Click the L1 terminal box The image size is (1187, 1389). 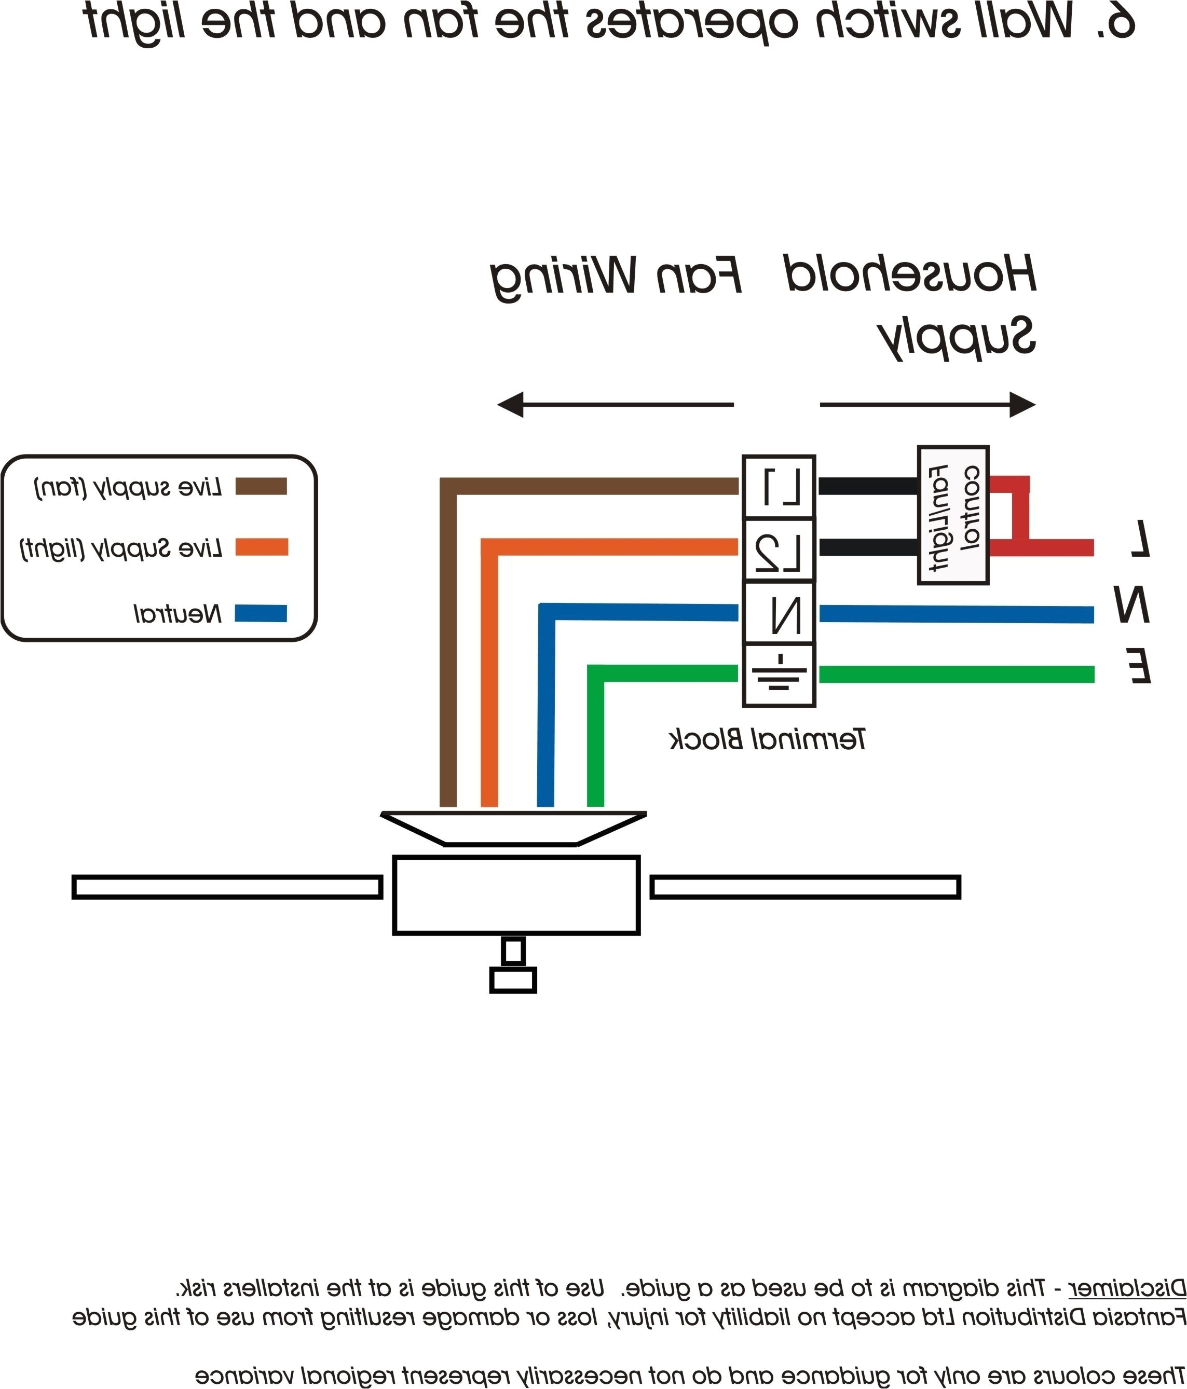pyautogui.click(x=779, y=487)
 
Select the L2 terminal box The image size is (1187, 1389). pyautogui.click(x=779, y=549)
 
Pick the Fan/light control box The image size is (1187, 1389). pyautogui.click(x=952, y=515)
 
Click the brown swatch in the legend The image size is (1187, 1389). pyautogui.click(x=261, y=486)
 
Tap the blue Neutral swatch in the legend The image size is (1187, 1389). pyautogui.click(x=261, y=613)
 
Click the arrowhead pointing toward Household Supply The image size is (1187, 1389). pyautogui.click(x=1022, y=405)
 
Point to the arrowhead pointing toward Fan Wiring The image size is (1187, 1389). pyautogui.click(x=510, y=405)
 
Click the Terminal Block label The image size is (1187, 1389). pyautogui.click(x=768, y=739)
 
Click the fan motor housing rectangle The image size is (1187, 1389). pyautogui.click(x=516, y=895)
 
